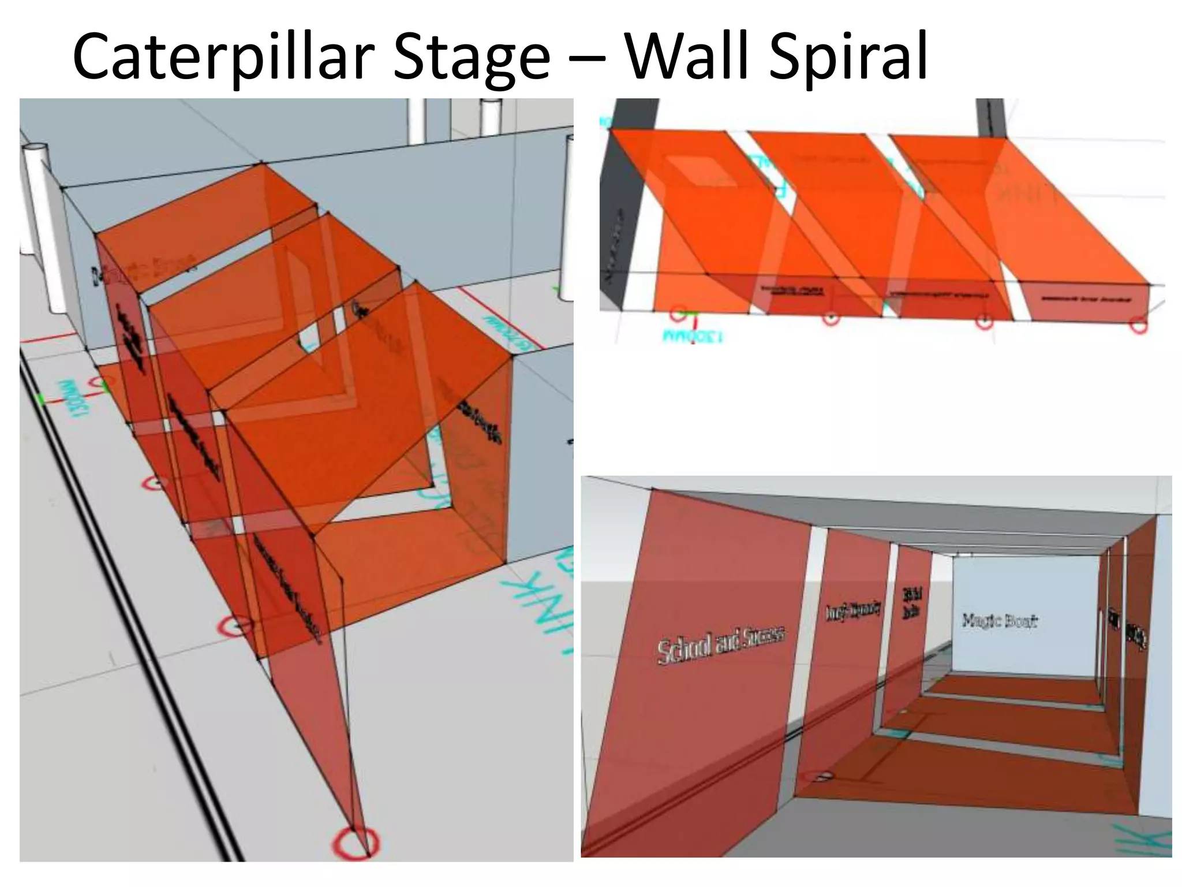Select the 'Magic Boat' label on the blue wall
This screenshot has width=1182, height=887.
tap(1000, 621)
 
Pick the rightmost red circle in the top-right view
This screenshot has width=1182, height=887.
tap(1138, 325)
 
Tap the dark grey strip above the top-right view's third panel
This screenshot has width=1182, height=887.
tap(989, 118)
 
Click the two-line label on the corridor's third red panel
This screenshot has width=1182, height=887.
tap(911, 603)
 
